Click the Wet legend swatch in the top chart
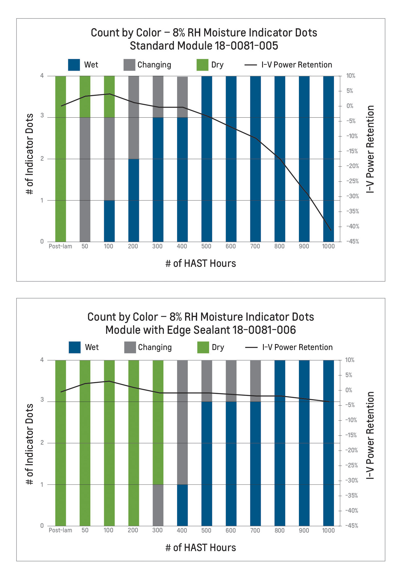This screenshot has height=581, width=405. point(74,65)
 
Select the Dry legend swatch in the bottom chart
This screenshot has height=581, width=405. point(203,347)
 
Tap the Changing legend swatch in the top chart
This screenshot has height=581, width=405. point(129,65)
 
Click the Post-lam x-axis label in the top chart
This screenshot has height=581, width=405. point(60,246)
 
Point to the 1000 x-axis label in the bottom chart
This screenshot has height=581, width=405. point(328,530)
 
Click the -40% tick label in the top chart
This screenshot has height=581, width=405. point(353,227)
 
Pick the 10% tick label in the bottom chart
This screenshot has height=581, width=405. point(350,360)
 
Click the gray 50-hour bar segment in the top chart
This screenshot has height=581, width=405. point(85,179)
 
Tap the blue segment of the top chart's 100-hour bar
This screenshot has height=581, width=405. point(109,221)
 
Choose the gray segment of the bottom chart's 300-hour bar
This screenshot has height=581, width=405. point(158,505)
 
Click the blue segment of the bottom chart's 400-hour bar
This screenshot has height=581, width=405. point(182,505)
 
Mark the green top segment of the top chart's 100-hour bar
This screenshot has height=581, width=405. point(109,97)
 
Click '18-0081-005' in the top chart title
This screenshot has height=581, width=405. point(246,46)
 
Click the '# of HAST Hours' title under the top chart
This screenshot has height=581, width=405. point(201,263)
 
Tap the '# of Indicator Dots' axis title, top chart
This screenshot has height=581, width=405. point(30,154)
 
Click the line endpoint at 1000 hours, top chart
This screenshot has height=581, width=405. point(331,230)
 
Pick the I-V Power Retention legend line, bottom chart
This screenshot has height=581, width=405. point(251,347)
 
